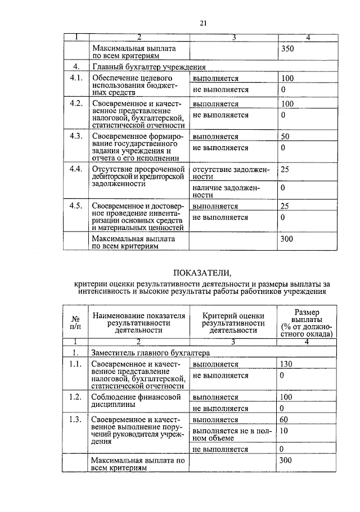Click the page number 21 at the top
click(203, 23)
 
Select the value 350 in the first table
click(287, 49)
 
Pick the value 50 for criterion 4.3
click(285, 137)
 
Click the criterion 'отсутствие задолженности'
click(231, 173)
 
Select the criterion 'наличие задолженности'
click(231, 191)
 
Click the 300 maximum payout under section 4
click(287, 239)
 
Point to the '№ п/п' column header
click(75, 322)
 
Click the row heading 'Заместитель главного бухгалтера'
click(150, 353)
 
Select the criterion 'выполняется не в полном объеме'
click(231, 434)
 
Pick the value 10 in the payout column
click(285, 431)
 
